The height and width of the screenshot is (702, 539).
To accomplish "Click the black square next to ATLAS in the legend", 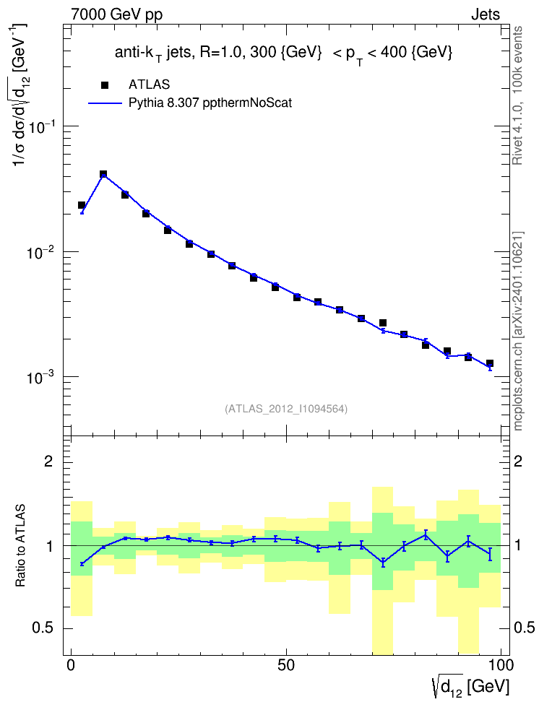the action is click(104, 85).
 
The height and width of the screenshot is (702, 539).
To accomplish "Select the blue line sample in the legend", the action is click(105, 103).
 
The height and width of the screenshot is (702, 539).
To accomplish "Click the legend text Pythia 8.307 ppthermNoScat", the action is click(210, 103).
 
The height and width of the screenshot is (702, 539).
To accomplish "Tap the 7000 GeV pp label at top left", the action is click(116, 14).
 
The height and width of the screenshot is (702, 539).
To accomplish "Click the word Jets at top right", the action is click(486, 14).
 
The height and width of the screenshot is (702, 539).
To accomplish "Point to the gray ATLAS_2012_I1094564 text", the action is click(286, 408).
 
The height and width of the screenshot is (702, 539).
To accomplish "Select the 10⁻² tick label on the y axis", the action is click(40, 252).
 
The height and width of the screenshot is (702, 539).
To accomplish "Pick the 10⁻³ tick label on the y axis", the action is click(40, 378).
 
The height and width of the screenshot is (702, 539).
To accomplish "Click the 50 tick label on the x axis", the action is click(286, 665).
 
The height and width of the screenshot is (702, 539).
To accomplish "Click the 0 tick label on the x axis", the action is click(71, 665).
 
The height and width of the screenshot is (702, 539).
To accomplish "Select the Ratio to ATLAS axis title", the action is click(20, 546).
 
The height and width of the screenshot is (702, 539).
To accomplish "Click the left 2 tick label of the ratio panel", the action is click(48, 461).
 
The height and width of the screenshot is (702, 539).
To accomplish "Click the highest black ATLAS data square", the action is click(103, 174).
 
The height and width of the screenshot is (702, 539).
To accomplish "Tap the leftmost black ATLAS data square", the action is click(82, 205).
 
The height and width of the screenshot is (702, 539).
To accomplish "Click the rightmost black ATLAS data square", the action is click(490, 363).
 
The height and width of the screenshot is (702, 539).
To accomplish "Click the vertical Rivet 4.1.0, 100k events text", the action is click(517, 95).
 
